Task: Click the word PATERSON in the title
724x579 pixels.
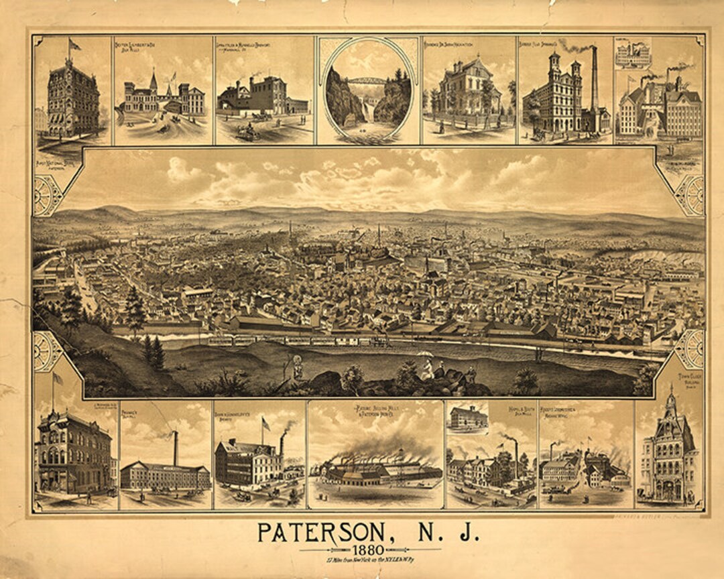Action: [x=320, y=533]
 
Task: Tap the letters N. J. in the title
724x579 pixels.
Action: [x=440, y=533]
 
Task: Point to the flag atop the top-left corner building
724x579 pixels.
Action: [x=73, y=45]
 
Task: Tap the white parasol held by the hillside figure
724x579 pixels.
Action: [x=426, y=355]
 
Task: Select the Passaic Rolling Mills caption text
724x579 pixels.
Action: [x=375, y=409]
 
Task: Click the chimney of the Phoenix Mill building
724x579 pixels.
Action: [x=176, y=448]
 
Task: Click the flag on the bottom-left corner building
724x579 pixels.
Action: [x=58, y=379]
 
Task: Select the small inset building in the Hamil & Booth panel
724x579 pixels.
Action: [x=467, y=417]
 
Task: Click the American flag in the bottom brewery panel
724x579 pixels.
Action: [x=266, y=424]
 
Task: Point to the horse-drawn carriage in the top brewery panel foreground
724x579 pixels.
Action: [x=247, y=132]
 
